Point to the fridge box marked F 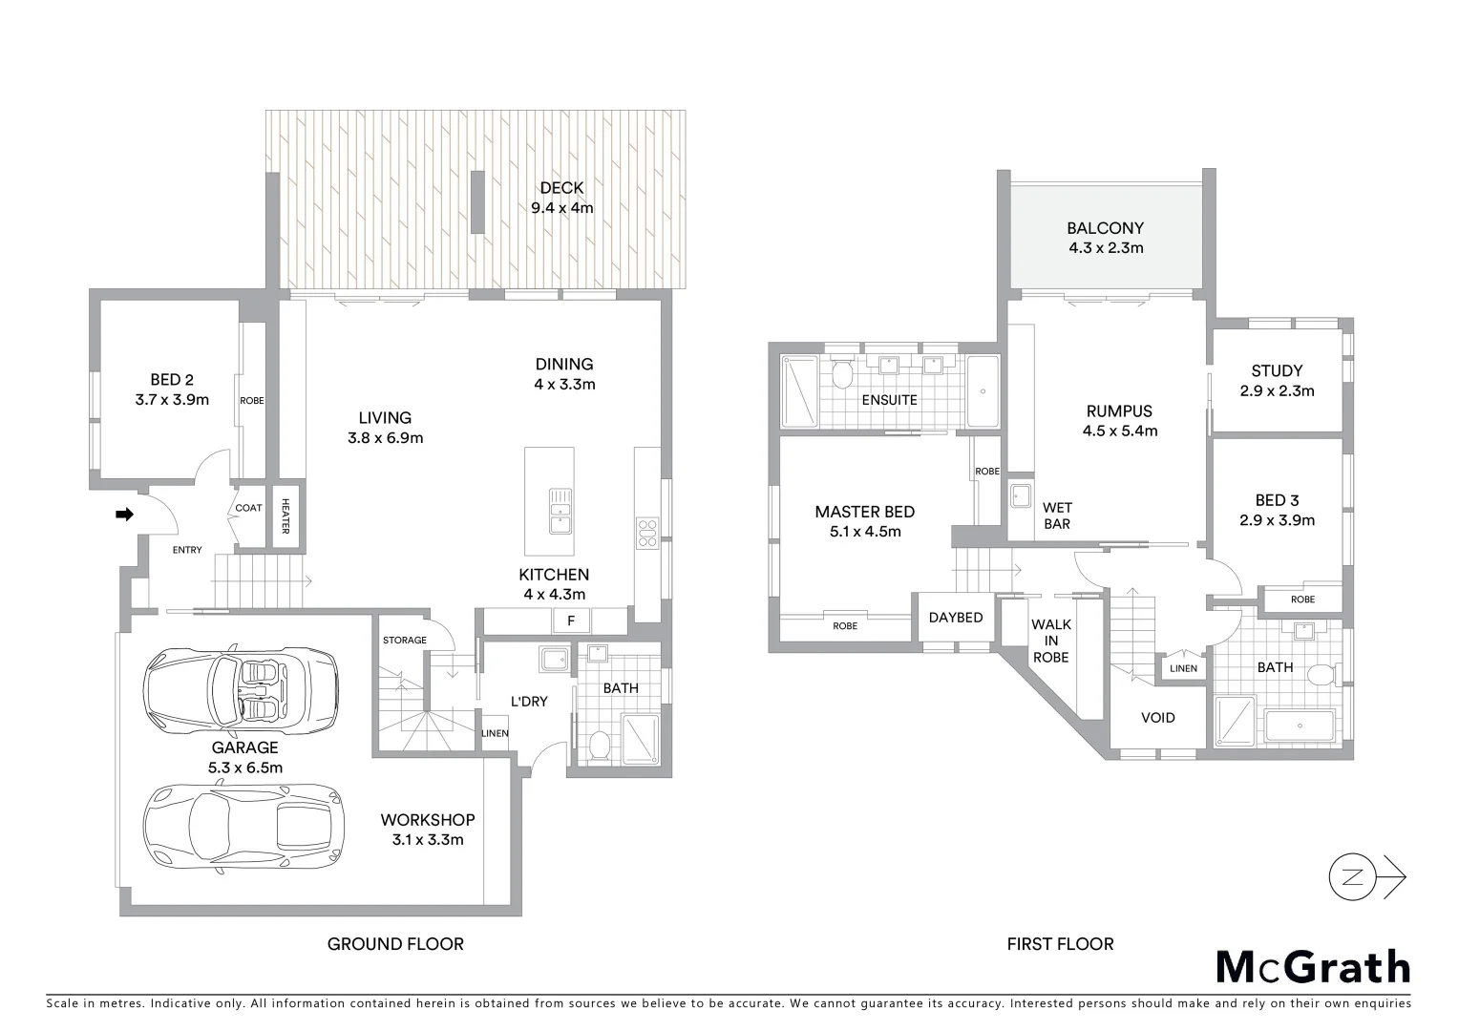[571, 621]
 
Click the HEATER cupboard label [285, 517]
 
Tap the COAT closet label [248, 508]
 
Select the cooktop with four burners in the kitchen [646, 533]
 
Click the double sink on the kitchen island [560, 511]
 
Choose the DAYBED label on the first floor [955, 618]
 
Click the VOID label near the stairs [1157, 717]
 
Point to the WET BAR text [1057, 515]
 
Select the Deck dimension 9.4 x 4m [561, 207]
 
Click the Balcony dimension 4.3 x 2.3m [1105, 248]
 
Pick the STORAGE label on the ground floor [404, 640]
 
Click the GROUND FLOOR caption [395, 944]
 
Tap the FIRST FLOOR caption [1060, 944]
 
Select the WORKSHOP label [427, 820]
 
